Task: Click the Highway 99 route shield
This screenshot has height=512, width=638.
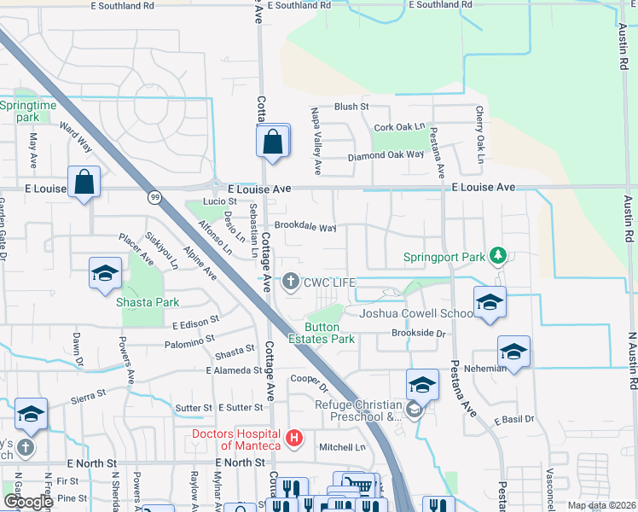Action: point(154,197)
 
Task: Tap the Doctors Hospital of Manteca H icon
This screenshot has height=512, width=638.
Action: point(294,439)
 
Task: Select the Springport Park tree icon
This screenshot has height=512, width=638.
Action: point(499,255)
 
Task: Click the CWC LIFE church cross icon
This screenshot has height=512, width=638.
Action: point(291,282)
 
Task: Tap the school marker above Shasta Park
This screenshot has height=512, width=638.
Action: point(105,274)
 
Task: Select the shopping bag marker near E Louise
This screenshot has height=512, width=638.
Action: point(84,182)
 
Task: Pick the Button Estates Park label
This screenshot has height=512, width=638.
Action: point(329,333)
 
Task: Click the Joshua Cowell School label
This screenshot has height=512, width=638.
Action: point(415,313)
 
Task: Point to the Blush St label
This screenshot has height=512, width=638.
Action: point(351,107)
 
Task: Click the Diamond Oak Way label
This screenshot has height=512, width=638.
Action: point(386,155)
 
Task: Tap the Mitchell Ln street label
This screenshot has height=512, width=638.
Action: point(342,447)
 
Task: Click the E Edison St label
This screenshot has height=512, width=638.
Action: point(195,325)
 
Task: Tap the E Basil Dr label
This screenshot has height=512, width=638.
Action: point(514,420)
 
